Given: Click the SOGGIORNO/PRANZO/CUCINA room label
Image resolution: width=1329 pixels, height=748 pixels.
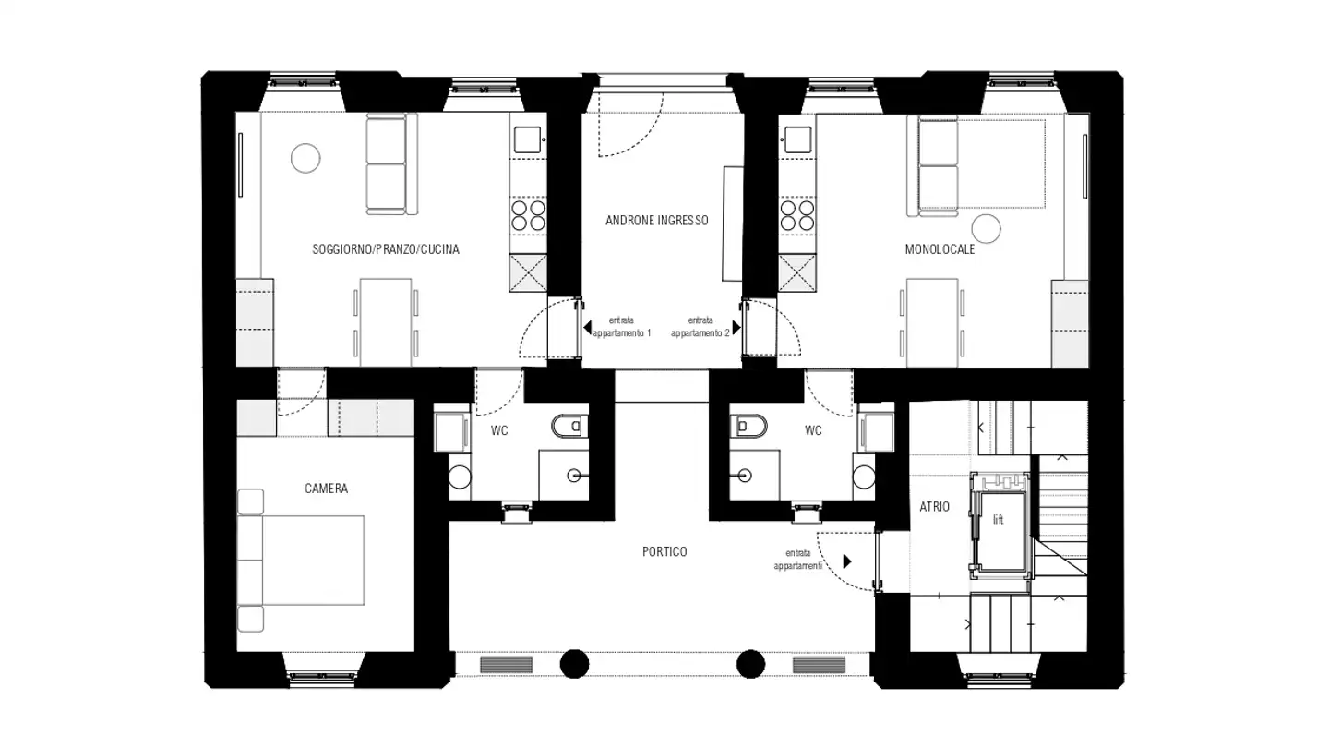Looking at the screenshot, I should tap(386, 249).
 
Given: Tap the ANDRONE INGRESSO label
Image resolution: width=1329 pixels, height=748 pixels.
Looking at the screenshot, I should tap(656, 221).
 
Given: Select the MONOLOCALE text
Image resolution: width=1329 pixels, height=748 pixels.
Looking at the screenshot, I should tap(940, 249).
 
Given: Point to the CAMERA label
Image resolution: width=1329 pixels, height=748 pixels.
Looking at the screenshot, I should tap(326, 489).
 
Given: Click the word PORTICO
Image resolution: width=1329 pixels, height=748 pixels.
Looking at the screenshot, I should tap(664, 551).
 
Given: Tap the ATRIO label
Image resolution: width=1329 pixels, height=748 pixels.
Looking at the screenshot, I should tap(934, 507).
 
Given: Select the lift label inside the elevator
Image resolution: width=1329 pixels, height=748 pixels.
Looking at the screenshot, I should tap(998, 520).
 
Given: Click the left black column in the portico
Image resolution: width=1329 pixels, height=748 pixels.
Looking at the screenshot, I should tap(575, 663).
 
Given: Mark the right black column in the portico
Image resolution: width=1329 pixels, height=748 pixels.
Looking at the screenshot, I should tap(750, 663).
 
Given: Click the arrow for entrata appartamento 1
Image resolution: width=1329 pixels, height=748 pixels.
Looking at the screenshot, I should tap(587, 327).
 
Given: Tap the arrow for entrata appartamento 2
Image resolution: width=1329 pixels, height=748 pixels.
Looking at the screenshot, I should tap(736, 327).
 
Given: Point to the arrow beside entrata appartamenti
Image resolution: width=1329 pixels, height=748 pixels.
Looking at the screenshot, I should tap(847, 561).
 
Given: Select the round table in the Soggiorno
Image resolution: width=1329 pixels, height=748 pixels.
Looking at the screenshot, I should tap(305, 158).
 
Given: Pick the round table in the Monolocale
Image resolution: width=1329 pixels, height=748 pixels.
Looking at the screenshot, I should tap(988, 228).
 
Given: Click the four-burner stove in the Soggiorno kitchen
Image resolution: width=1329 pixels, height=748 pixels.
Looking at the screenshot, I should tap(528, 215).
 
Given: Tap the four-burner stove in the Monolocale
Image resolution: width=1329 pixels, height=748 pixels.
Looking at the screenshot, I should tap(798, 215).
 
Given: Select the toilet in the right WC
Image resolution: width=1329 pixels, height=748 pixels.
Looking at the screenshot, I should tap(750, 426).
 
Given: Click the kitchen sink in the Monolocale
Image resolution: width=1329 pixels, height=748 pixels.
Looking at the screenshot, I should tap(797, 139).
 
